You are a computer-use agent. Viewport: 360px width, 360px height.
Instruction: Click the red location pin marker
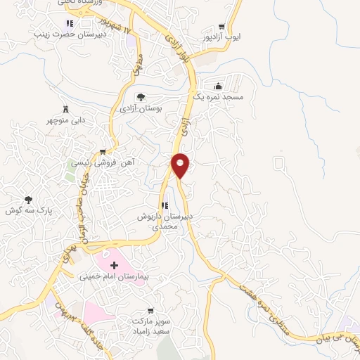pos(181,165)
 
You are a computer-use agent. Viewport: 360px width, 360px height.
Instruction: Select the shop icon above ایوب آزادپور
pos(222,25)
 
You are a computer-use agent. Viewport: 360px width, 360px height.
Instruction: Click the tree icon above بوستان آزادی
pos(141,98)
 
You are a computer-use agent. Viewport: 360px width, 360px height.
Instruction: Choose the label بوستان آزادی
pos(141,109)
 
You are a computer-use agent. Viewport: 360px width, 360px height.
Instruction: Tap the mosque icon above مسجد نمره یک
pos(224,86)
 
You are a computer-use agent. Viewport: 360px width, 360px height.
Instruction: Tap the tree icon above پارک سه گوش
pos(28,200)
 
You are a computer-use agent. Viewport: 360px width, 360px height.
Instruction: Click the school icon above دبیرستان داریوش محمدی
pos(165,206)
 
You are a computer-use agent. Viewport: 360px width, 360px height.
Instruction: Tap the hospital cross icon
pos(114,265)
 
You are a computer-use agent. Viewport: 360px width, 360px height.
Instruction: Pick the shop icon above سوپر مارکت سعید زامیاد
pos(149,310)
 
